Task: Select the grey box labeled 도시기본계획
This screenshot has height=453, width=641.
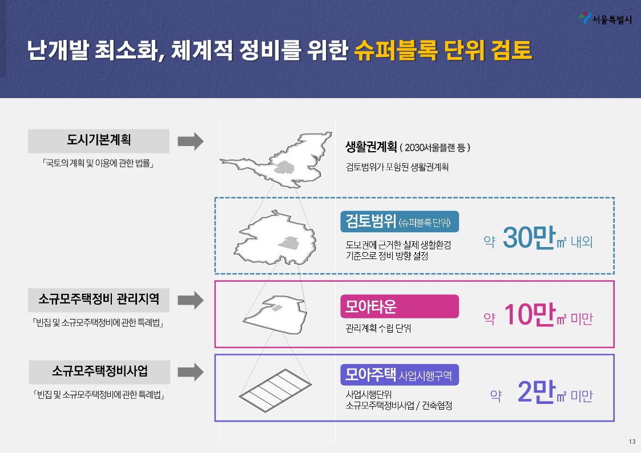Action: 99,140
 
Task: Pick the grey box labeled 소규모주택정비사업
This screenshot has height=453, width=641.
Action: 99,371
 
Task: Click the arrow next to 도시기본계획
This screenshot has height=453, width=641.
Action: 190,141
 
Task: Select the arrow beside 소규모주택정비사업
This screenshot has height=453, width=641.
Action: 190,372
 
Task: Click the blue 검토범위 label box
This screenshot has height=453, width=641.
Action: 399,222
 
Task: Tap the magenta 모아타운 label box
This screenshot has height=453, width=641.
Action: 399,306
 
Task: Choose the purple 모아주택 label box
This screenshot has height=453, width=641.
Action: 399,374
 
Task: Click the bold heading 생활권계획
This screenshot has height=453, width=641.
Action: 371,147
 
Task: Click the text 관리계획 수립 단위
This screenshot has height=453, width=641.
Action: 378,329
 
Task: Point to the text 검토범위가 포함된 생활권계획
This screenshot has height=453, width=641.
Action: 397,168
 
